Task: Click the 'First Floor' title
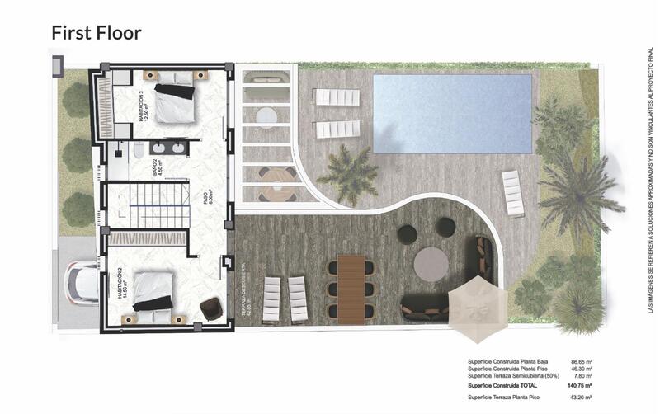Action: click(97, 33)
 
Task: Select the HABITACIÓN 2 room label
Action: click(122, 290)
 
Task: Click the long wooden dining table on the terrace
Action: click(350, 288)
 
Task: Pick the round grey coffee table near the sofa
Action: click(431, 265)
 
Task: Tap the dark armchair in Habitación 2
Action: click(210, 308)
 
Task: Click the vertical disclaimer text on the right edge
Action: click(649, 181)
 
